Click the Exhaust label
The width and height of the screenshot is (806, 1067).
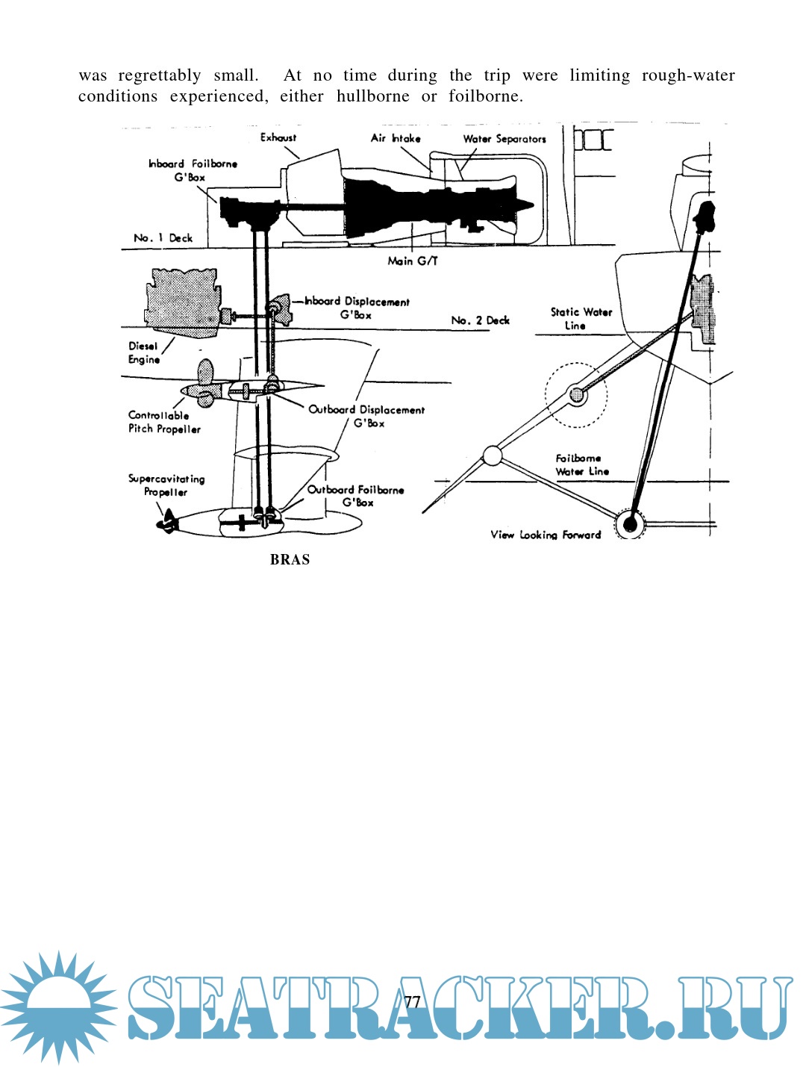click(278, 137)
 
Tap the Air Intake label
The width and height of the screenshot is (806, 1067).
click(396, 138)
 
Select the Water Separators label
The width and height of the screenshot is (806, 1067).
click(504, 139)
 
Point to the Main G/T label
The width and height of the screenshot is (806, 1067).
click(413, 261)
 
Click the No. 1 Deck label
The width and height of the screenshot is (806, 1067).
click(163, 238)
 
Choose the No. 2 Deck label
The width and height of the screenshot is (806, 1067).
click(480, 320)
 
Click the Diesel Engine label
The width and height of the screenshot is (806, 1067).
click(143, 352)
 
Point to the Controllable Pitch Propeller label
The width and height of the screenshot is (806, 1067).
click(164, 422)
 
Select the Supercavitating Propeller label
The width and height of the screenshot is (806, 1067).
click(166, 485)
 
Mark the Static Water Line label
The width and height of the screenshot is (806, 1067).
click(581, 319)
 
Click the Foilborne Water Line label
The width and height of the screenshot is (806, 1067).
click(581, 464)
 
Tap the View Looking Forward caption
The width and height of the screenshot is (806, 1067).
click(545, 535)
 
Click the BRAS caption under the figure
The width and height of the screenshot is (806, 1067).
click(290, 559)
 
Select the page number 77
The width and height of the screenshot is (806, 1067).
click(412, 1001)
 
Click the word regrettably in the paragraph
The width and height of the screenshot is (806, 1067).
click(159, 75)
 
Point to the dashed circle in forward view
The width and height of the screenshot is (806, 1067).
click(575, 394)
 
